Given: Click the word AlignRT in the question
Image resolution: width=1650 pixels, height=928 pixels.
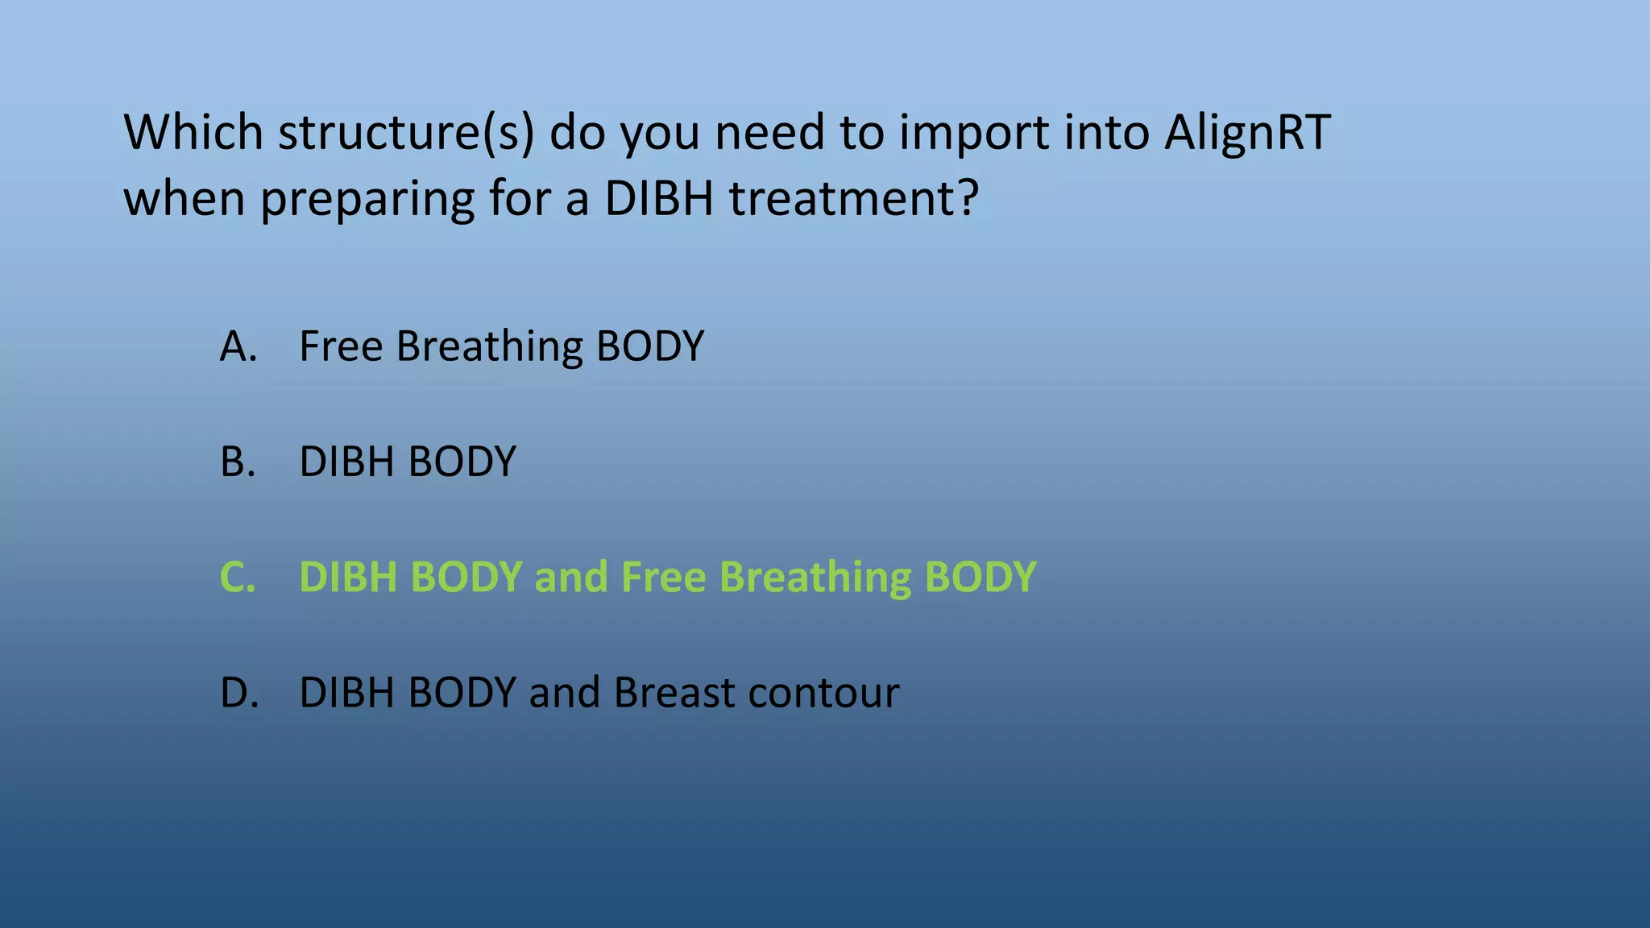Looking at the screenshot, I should (1247, 133).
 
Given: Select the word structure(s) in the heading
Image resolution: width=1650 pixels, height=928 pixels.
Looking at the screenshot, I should (406, 133).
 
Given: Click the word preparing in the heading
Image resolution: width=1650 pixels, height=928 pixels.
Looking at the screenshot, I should (367, 200).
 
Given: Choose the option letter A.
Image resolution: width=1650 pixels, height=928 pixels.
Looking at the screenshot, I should (238, 346).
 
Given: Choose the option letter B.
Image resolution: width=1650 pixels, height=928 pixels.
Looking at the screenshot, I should (238, 462).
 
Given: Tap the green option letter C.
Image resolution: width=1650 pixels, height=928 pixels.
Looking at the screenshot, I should (238, 578).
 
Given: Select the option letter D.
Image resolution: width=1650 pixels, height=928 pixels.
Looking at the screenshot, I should (239, 693).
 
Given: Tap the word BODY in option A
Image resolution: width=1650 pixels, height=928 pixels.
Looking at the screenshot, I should (649, 346).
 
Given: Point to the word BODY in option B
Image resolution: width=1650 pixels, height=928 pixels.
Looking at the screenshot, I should (462, 462).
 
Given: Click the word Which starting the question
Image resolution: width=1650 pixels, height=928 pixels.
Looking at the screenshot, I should (193, 133).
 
